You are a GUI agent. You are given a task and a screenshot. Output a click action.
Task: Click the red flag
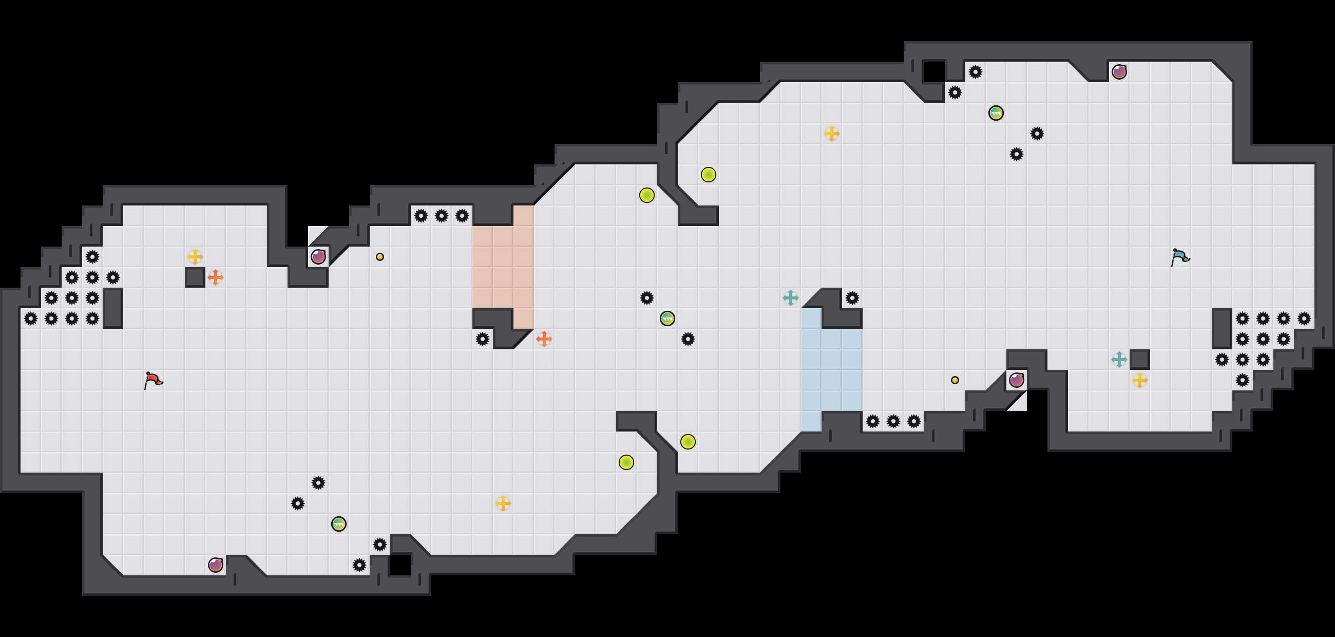point(153,380)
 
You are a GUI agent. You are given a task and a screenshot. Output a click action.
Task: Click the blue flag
point(1179,256)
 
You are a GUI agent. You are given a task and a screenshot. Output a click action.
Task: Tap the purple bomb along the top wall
point(1119,71)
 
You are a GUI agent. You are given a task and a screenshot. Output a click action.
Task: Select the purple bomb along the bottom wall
point(216,565)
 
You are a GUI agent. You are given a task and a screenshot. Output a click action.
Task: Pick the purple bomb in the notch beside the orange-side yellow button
point(318,256)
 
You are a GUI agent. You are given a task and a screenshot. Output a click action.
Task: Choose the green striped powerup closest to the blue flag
point(996,113)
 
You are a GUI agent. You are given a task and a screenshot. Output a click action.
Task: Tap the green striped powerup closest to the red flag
point(338,523)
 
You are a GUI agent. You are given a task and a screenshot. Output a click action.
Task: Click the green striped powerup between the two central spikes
point(667,318)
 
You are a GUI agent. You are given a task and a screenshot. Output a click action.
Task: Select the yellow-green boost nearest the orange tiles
point(647,195)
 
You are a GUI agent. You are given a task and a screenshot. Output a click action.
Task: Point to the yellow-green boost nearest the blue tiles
point(688,442)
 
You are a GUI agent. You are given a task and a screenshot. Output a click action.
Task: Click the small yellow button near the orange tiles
point(380,256)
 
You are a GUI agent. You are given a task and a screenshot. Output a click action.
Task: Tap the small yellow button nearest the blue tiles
point(955,380)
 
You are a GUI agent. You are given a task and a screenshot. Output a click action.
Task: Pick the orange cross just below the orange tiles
point(544,339)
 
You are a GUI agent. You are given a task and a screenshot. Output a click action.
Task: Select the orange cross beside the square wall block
point(216,277)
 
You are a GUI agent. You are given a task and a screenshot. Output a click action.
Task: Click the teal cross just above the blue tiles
point(790,298)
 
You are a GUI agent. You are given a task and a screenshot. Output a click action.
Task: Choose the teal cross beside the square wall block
point(1119,359)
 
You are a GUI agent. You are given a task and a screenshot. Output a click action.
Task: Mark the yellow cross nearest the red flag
point(195,256)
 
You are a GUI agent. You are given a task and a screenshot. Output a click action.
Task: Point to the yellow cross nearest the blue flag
point(1139,380)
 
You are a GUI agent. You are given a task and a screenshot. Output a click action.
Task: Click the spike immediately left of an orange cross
point(483,339)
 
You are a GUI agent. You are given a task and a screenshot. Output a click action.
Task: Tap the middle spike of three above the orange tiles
point(441,216)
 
